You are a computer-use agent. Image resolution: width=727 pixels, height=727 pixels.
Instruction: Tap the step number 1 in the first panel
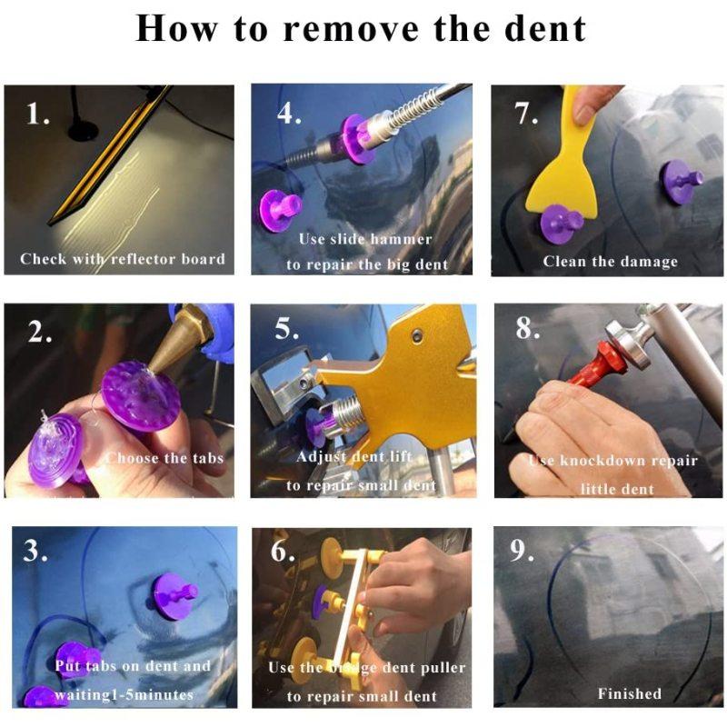click(x=37, y=114)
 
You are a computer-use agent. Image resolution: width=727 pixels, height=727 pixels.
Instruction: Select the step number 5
click(x=286, y=329)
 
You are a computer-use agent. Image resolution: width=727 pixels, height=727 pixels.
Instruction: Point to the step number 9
click(x=522, y=551)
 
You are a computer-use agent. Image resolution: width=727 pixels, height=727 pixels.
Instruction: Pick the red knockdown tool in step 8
click(x=594, y=366)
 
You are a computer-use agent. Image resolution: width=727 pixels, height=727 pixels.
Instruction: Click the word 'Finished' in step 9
click(x=629, y=693)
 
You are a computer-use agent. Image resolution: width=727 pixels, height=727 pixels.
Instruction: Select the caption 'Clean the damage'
click(x=610, y=262)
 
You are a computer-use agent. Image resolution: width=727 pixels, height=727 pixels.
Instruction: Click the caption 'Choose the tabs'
click(x=165, y=458)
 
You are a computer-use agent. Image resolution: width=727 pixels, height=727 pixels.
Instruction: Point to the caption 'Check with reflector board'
click(x=123, y=259)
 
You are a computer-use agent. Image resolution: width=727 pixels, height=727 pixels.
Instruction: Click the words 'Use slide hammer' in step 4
click(x=365, y=239)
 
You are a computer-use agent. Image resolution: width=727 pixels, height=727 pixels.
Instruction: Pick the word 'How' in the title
click(x=176, y=29)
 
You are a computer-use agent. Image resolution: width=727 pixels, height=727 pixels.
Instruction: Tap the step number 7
click(x=526, y=114)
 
